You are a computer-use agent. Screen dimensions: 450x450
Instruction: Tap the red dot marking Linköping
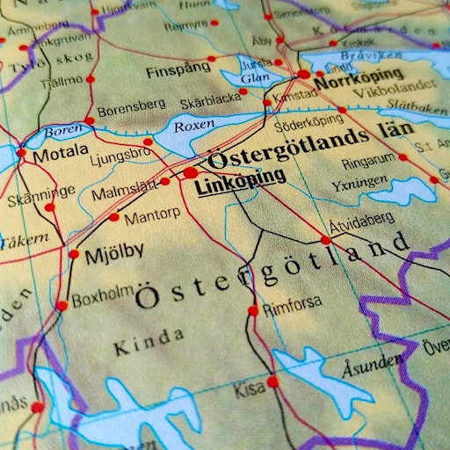coord(191,173)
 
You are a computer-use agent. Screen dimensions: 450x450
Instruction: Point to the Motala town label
coord(60,156)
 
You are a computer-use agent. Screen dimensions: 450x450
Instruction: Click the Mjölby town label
coord(114,255)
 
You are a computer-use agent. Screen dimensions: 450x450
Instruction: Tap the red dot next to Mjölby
coord(74,254)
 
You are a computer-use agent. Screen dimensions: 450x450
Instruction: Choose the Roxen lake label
coord(193,127)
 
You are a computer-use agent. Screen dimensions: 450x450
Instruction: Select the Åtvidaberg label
coord(362,223)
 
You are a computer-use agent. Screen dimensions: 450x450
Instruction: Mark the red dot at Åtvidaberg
coord(325,239)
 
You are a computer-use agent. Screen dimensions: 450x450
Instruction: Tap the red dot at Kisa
coord(272,381)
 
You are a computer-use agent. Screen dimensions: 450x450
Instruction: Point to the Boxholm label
coord(101,299)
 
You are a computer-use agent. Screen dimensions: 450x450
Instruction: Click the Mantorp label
coord(152,214)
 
